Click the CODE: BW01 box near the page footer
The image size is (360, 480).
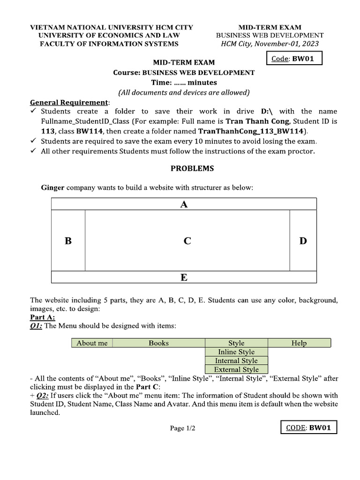click(x=308, y=428)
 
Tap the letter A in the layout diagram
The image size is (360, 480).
click(x=184, y=204)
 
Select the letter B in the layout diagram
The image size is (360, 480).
click(x=68, y=241)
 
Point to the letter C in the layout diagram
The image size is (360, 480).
click(x=187, y=241)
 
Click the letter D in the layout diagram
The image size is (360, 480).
click(x=303, y=241)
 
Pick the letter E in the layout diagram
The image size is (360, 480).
click(x=184, y=277)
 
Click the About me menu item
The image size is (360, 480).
click(x=92, y=343)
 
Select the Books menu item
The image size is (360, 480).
click(x=158, y=343)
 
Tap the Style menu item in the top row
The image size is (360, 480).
click(x=236, y=343)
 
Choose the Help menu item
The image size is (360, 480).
click(x=299, y=343)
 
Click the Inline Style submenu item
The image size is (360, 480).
click(x=236, y=352)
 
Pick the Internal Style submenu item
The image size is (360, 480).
click(x=236, y=361)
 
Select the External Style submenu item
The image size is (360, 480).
click(x=236, y=369)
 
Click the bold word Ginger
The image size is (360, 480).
click(x=53, y=187)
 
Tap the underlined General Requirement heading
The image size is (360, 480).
click(x=69, y=102)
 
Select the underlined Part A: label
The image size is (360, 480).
click(x=42, y=317)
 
